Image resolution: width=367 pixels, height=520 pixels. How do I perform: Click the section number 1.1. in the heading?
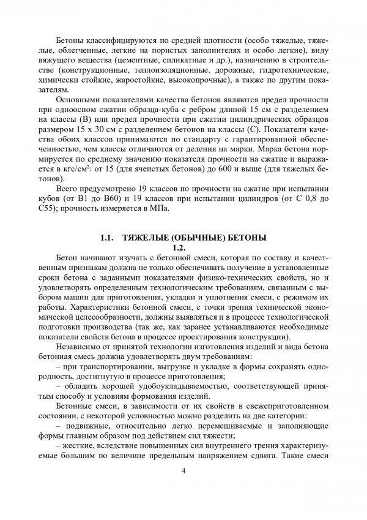click(x=109, y=238)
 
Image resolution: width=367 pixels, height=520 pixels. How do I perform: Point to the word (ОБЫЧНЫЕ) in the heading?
click(x=196, y=238)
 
